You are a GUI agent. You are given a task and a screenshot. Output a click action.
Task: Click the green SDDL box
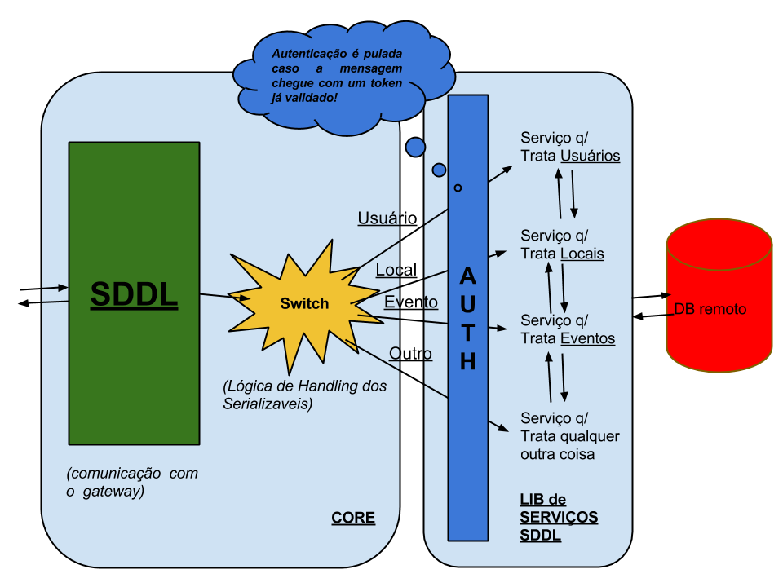pos(134,293)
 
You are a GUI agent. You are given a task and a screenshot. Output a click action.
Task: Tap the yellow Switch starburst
pos(304,303)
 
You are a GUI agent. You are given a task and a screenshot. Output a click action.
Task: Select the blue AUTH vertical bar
pos(467,318)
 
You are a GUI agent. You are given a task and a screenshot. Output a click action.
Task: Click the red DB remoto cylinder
pos(719,298)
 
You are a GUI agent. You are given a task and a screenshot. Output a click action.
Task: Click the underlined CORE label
pos(353,518)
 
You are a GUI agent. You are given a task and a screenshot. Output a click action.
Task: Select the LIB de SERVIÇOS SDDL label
pos(559,518)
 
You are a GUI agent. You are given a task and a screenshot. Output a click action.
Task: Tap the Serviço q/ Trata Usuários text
pos(570,147)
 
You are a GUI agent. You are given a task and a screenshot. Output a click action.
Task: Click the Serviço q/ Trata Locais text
pos(562,245)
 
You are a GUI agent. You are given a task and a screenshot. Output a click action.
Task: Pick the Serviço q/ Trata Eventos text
pos(568,329)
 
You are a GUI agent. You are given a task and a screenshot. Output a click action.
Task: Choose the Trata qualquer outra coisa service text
pos(569,436)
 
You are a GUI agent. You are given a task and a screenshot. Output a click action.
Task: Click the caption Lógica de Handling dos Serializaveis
pos(305,394)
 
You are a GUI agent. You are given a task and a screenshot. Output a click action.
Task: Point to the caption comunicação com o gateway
pos(132,482)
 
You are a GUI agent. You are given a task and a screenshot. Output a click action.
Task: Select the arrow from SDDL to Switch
pos(225,297)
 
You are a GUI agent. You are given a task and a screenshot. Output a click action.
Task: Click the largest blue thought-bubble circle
pos(416,148)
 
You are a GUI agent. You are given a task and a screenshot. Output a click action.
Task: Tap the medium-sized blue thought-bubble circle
pos(439,170)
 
